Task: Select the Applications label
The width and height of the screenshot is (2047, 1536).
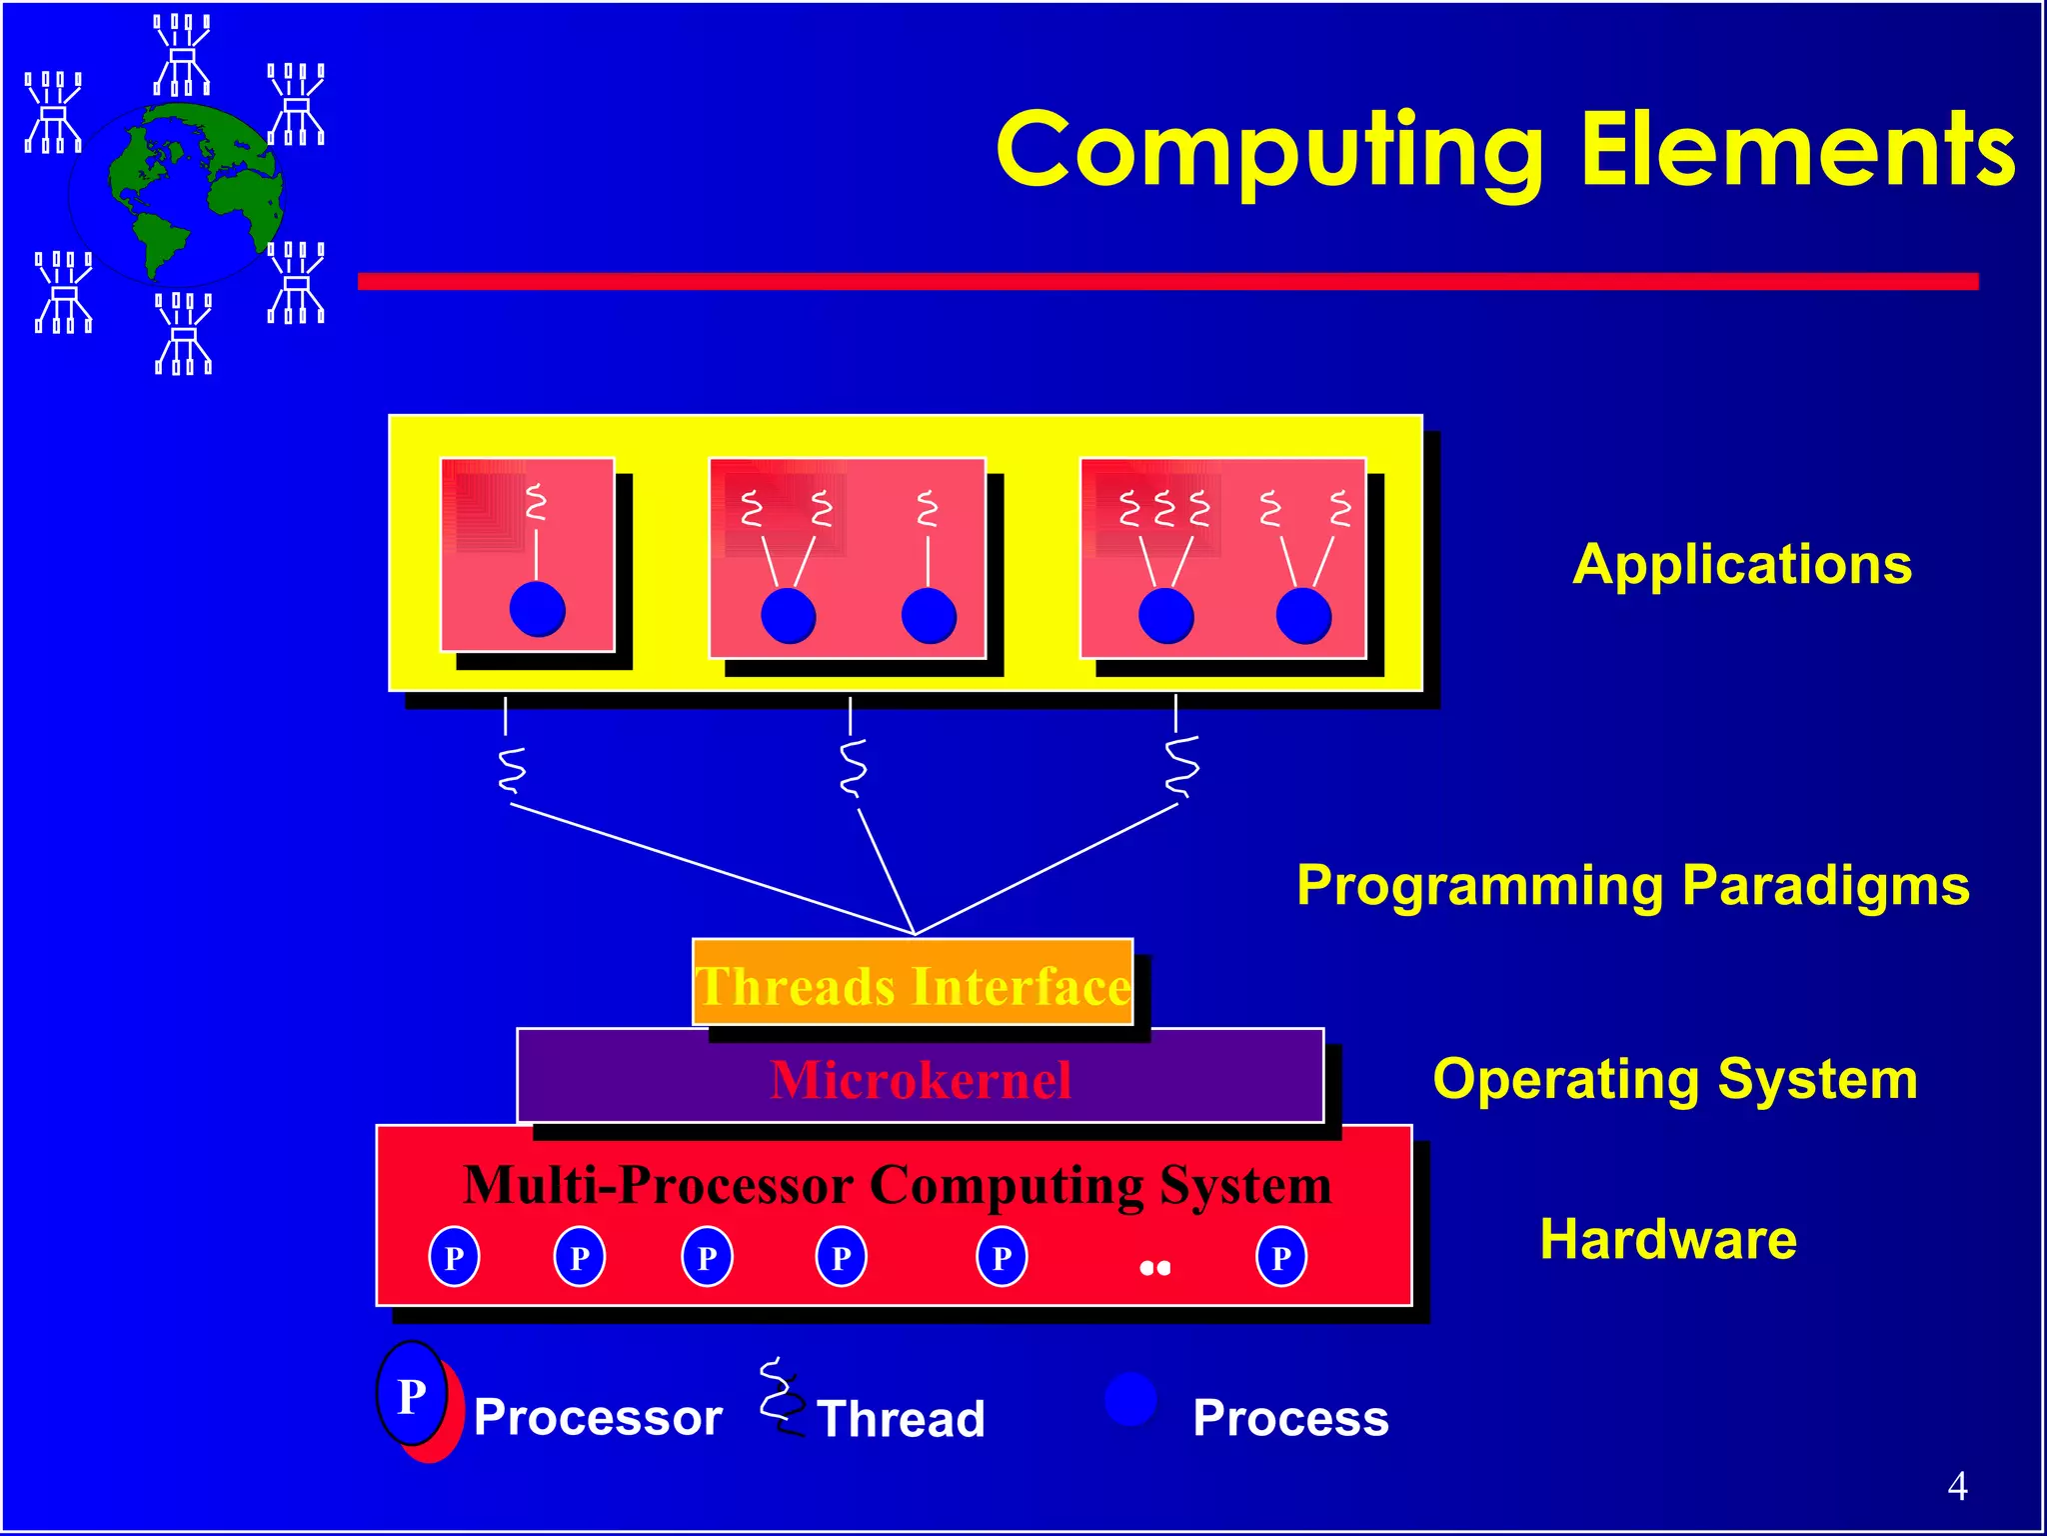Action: [1742, 565]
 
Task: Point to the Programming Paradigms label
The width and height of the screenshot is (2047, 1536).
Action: [1632, 886]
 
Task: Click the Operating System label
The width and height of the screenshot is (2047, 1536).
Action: [1675, 1080]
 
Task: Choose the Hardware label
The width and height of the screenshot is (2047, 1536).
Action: [1668, 1240]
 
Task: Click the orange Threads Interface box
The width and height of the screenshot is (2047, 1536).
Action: [913, 983]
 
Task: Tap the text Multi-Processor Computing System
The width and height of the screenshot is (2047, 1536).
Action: [898, 1186]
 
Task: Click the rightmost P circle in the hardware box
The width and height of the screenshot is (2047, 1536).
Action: [1281, 1257]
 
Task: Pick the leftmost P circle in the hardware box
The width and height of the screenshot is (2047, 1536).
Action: [454, 1257]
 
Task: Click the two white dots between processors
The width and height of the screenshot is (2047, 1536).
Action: [1154, 1268]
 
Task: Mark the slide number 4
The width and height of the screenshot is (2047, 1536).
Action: [1957, 1486]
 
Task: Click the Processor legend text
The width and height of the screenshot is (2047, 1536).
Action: [598, 1417]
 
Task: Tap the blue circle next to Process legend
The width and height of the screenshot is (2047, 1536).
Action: [1130, 1399]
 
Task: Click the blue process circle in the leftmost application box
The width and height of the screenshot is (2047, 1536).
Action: [537, 609]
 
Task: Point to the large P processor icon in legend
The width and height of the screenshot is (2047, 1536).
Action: [413, 1395]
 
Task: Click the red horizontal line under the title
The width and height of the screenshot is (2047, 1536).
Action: [1167, 282]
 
